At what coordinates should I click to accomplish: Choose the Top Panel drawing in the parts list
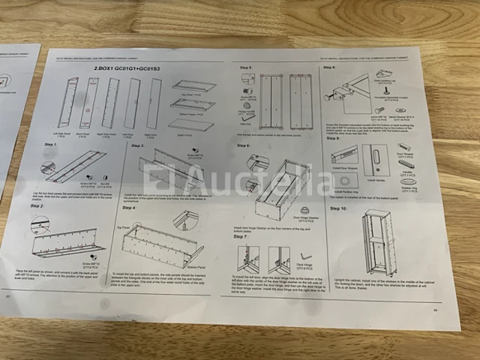point(193,86)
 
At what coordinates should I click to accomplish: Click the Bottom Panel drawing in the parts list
point(193,104)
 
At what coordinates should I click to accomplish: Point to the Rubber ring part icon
point(409,181)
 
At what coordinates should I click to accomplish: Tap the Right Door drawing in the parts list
point(154,103)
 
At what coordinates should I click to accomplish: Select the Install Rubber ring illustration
point(346,181)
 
